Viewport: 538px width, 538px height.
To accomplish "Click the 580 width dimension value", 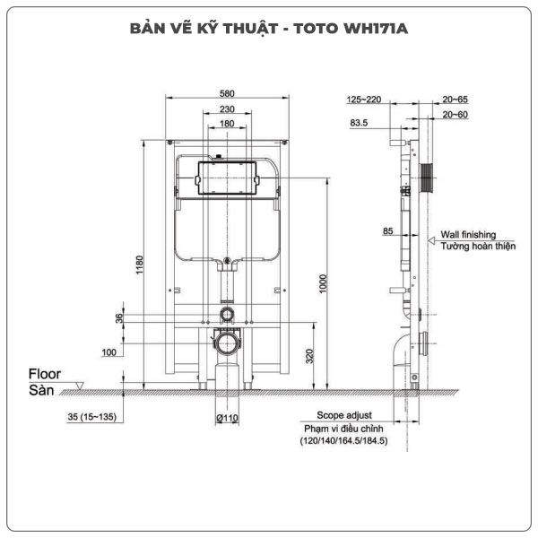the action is (227, 93).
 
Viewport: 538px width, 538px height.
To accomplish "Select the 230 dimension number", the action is (227, 109).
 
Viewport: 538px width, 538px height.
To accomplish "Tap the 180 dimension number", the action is (227, 124).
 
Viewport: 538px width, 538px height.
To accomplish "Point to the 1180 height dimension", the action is (139, 265).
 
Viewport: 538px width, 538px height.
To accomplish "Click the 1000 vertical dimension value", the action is (323, 283).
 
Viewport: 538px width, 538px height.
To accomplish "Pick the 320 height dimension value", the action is (309, 356).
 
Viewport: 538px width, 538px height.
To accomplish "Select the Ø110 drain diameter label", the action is (227, 418).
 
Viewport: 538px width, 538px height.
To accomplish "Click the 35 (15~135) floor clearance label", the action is (92, 417).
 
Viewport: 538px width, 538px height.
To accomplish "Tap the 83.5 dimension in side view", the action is (359, 123).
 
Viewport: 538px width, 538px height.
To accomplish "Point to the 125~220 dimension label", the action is (364, 100).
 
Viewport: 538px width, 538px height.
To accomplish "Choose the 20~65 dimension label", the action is (455, 100).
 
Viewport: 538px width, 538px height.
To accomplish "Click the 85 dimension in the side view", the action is (387, 231).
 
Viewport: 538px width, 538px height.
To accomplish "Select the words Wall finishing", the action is (468, 235).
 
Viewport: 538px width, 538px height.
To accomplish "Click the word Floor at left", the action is (45, 374).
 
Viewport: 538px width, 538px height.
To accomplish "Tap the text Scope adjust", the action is (344, 415).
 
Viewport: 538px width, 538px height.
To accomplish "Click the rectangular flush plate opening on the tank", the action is (227, 178).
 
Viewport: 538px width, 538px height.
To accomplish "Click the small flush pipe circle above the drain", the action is (227, 314).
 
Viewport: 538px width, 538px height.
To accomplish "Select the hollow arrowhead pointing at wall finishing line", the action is (431, 241).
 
